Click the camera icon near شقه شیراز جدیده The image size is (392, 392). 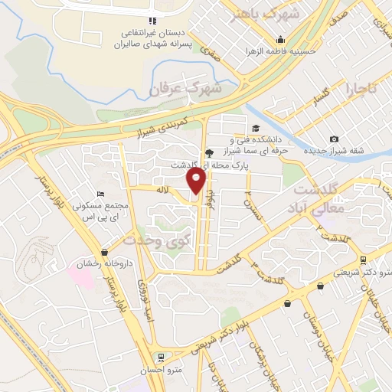[335, 139]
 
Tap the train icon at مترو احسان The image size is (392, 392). [160, 357]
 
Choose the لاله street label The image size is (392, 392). [161, 188]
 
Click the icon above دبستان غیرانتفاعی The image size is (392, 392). [152, 20]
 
